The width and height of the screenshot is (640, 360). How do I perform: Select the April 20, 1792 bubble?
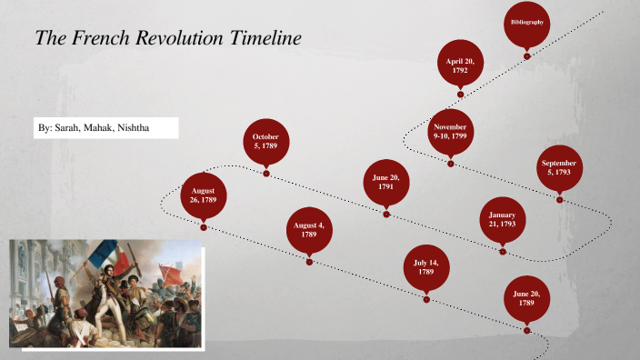tap(460, 64)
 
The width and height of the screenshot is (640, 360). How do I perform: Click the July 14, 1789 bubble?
tap(425, 266)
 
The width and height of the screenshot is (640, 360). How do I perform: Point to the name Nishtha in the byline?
tap(133, 128)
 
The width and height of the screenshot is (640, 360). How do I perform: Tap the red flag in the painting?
tap(169, 272)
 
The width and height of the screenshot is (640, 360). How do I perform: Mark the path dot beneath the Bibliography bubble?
tap(527, 56)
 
